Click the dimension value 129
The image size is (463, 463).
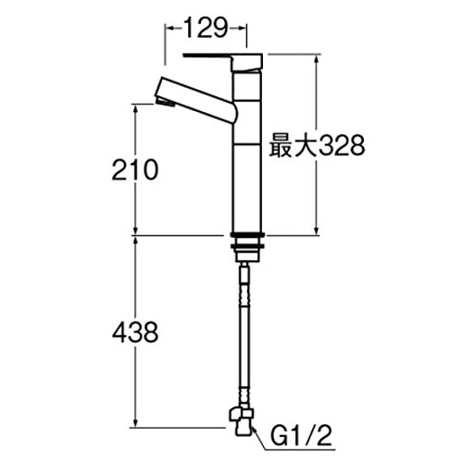pyautogui.click(x=206, y=29)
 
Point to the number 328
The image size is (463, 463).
pyautogui.click(x=332, y=145)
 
